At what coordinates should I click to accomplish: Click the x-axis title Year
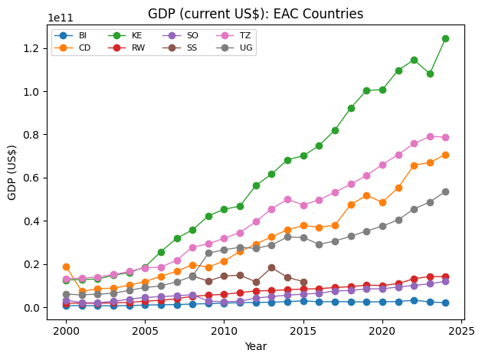256,346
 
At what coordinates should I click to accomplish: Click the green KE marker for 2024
445,38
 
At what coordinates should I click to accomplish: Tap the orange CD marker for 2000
66,267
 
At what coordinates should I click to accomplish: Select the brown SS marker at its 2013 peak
271,267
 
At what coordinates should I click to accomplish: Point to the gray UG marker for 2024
445,191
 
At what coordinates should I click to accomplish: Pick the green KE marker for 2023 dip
430,74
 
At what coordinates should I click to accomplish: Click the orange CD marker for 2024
445,155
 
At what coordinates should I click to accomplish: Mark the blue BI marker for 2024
445,303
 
